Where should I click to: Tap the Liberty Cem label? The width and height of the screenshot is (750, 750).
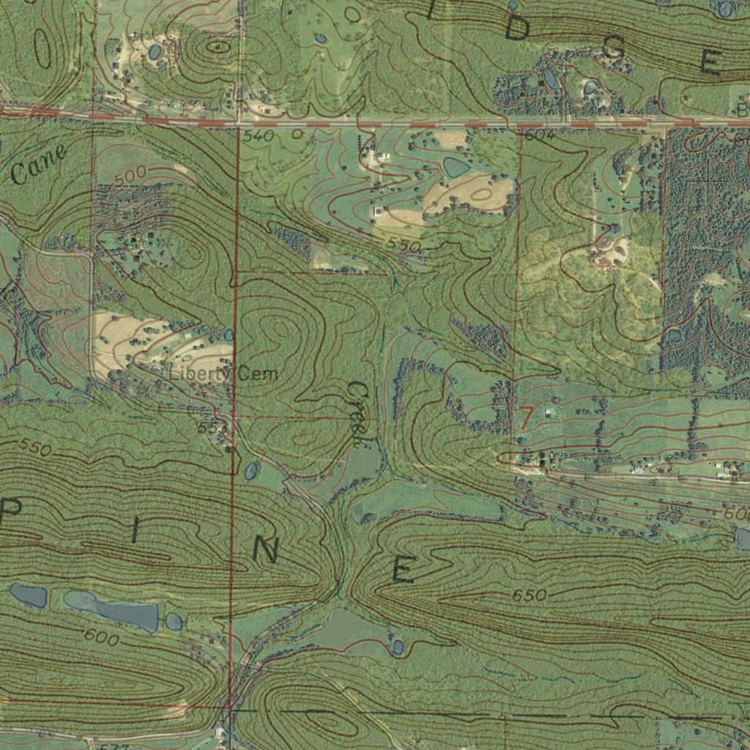point(223,374)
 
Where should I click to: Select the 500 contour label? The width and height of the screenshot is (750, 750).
point(130,175)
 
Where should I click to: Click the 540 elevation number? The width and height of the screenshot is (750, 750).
point(259,136)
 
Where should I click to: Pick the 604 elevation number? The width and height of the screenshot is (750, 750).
point(540,135)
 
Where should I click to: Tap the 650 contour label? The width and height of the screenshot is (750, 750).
point(529,596)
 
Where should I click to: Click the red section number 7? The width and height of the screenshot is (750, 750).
point(525,417)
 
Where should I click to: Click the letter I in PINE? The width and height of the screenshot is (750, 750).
point(134,533)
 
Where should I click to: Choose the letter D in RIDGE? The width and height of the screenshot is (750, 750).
point(516,29)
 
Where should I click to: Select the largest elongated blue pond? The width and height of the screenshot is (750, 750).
point(114,609)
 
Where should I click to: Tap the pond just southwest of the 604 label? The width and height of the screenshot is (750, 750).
point(456,168)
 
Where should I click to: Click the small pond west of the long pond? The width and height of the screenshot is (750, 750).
point(28,595)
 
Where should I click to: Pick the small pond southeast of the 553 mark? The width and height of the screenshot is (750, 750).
point(251,469)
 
